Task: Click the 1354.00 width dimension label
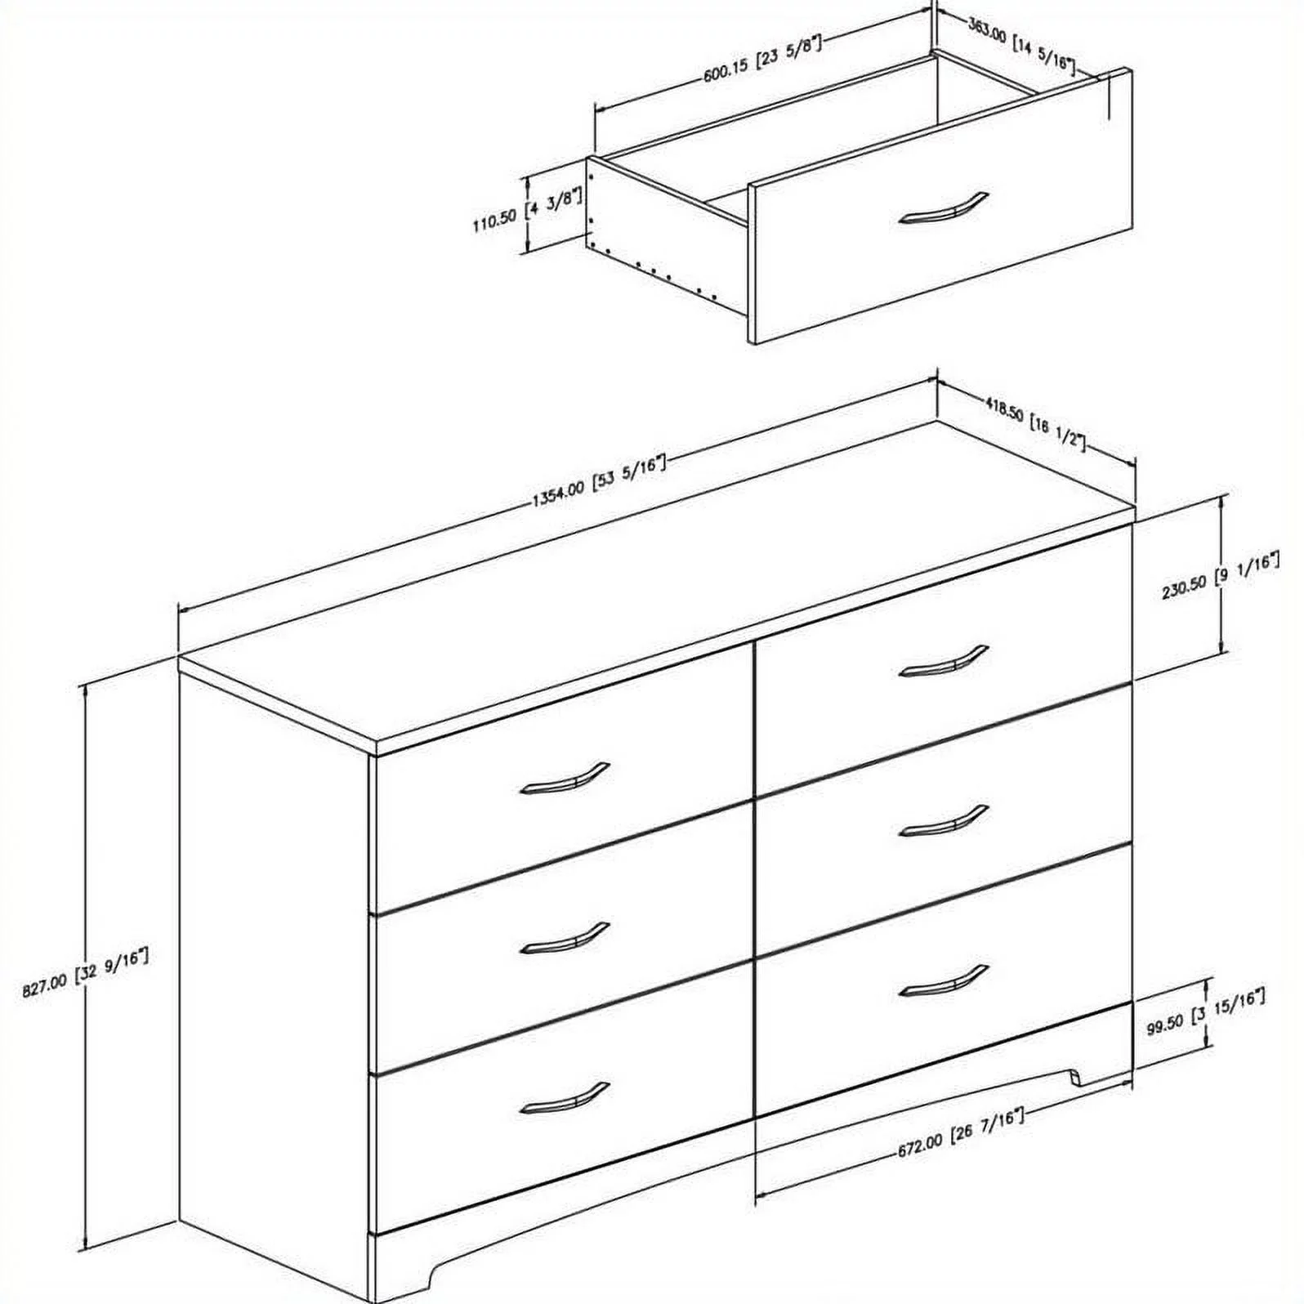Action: point(599,483)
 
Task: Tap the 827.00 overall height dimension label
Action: point(86,971)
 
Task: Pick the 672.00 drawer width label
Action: point(961,1134)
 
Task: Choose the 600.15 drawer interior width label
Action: point(761,60)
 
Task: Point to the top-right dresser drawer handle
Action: point(943,662)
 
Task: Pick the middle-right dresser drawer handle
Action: point(943,822)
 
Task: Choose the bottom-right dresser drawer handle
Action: point(943,981)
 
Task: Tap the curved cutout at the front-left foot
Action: point(438,1275)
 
